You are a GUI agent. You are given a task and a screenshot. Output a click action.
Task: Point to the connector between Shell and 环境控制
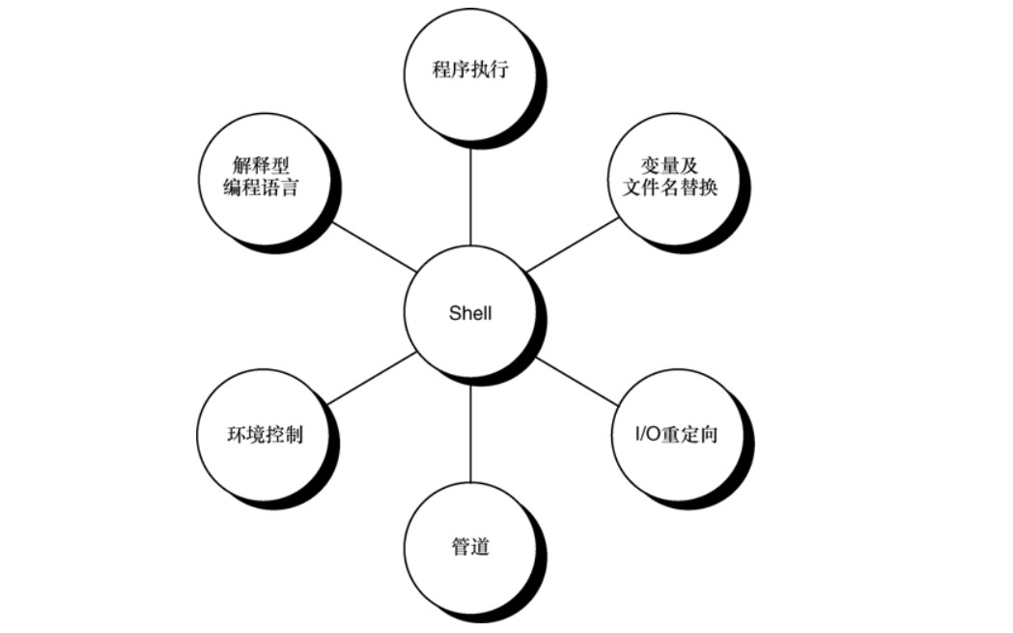click(372, 378)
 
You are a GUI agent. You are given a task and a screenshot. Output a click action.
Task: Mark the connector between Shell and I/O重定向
click(576, 379)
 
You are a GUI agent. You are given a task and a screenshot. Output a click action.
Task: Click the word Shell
click(470, 313)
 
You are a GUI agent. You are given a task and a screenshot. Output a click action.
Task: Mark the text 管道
click(470, 546)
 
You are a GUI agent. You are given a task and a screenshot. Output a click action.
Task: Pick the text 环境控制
click(264, 434)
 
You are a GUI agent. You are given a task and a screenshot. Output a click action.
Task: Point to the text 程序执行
click(470, 72)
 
